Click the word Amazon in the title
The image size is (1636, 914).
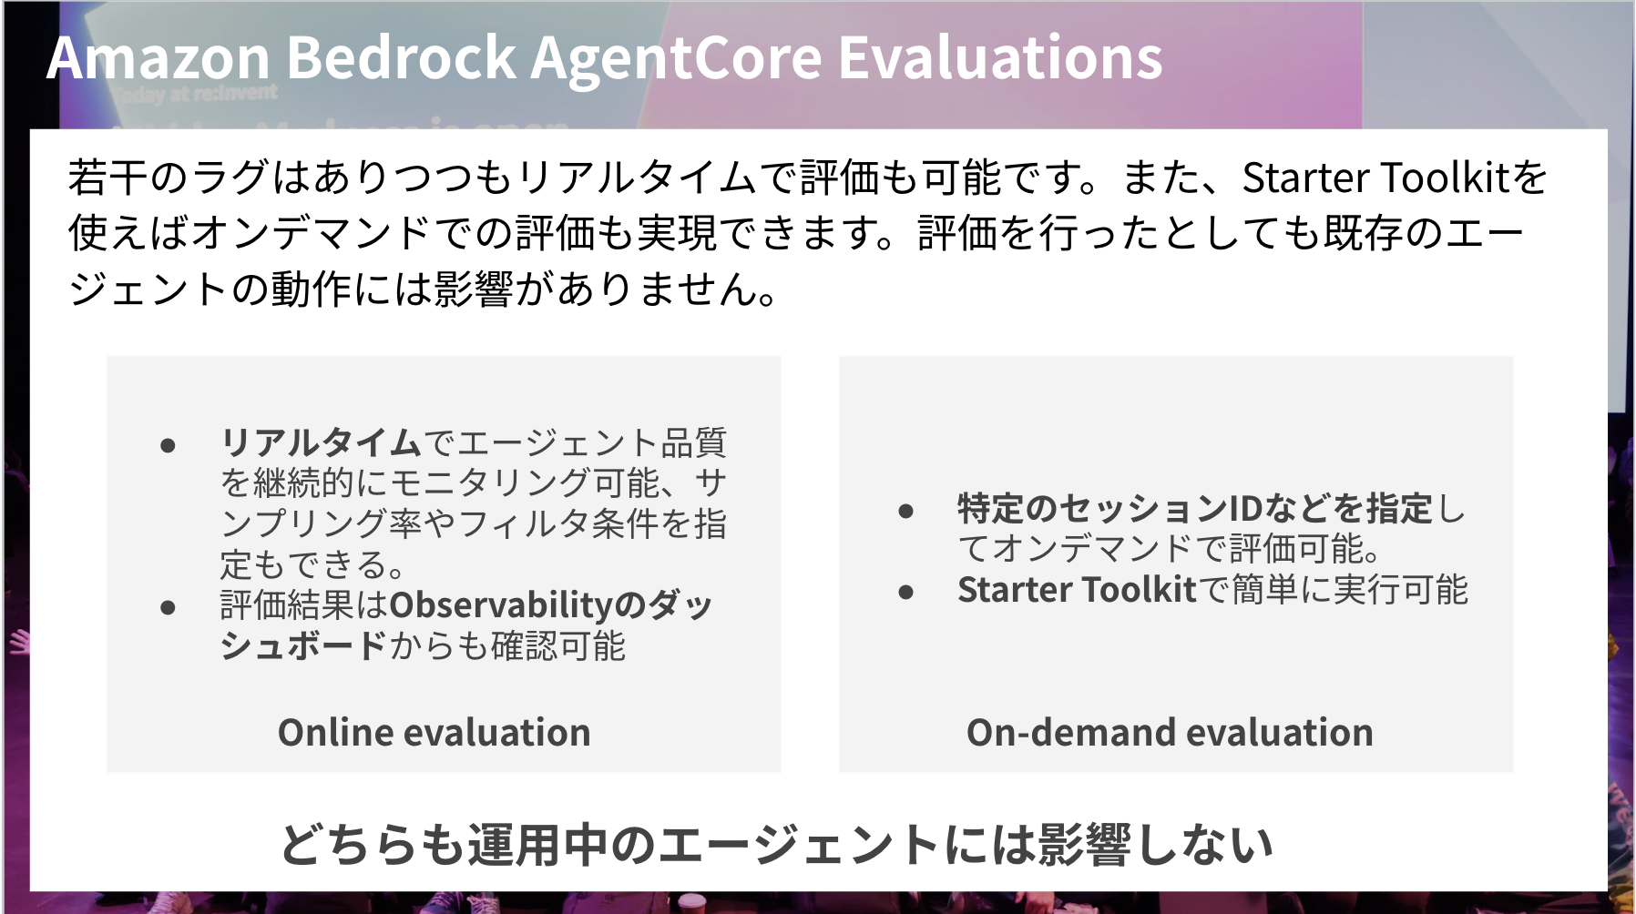(158, 57)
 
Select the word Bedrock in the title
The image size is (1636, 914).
(401, 57)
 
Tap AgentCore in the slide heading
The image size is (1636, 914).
(676, 58)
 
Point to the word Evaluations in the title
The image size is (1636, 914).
(1000, 57)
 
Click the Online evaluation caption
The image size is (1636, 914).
(435, 732)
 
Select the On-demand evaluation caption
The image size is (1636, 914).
(1170, 732)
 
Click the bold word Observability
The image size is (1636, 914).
(501, 606)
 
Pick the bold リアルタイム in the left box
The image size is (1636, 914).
(321, 443)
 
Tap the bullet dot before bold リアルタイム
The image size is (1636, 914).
(168, 445)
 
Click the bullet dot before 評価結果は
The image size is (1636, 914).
(168, 607)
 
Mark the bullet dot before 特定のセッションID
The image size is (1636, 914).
(905, 511)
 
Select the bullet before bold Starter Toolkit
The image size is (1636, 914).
(905, 592)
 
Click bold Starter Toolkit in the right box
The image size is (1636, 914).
(1076, 590)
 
